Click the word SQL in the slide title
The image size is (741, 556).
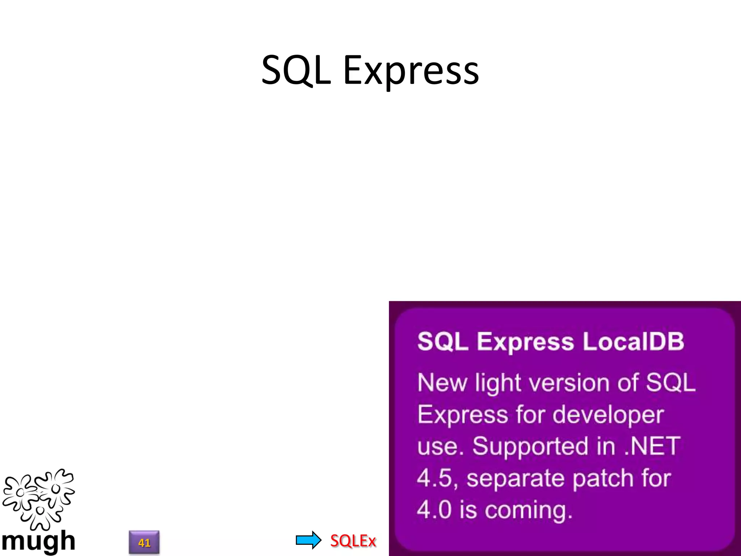(296, 70)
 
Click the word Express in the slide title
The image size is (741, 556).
(411, 71)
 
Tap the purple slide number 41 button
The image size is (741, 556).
(144, 542)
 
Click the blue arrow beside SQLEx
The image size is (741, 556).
(308, 540)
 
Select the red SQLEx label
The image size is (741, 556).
(353, 541)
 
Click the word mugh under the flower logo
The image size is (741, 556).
(38, 541)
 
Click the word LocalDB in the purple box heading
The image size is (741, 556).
(633, 341)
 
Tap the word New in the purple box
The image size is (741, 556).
(442, 383)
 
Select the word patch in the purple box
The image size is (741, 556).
(604, 479)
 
